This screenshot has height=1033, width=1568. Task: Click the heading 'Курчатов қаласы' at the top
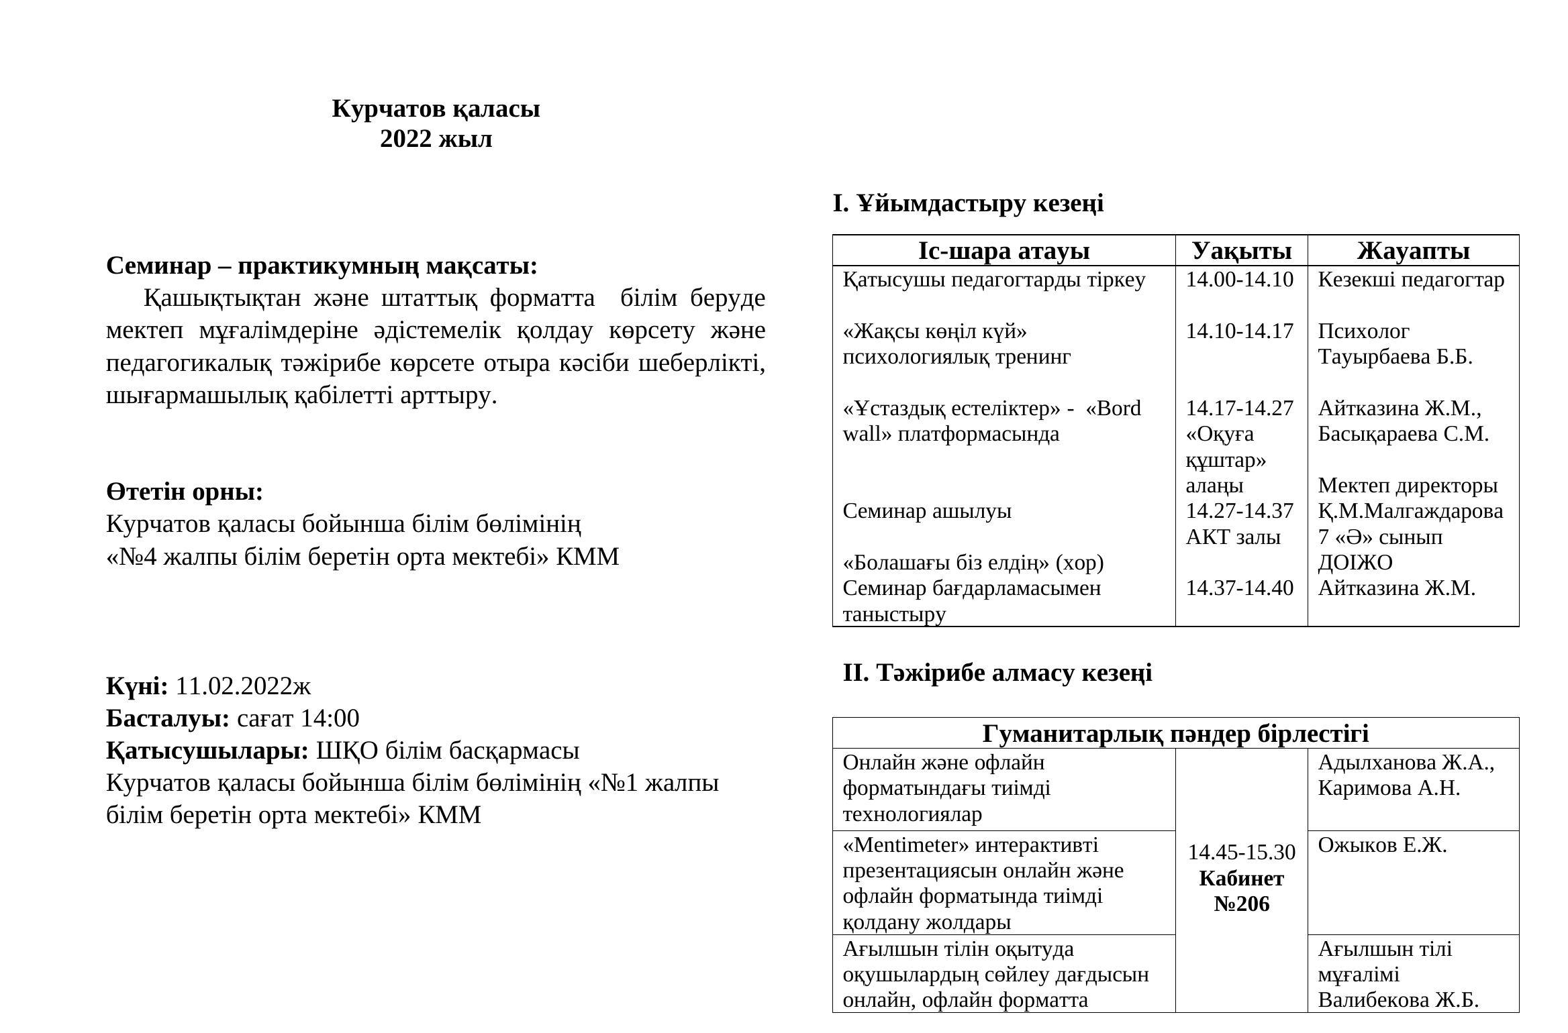pos(436,109)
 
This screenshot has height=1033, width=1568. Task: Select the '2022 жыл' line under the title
pos(436,139)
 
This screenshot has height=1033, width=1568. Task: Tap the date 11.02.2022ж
pos(243,686)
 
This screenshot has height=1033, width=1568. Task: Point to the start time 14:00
pos(330,718)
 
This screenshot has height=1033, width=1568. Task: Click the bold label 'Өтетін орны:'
pos(185,492)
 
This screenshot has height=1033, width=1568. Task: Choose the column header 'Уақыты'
pos(1242,251)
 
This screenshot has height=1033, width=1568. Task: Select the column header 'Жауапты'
pos(1413,251)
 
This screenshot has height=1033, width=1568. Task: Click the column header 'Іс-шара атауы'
pos(1003,251)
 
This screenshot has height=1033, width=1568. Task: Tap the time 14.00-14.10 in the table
pos(1239,280)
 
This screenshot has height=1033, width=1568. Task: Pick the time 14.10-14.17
pos(1239,331)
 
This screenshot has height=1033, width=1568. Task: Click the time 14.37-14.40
pos(1239,588)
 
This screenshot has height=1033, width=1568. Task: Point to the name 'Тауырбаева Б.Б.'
pos(1395,357)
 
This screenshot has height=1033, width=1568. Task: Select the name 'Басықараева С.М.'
pos(1403,434)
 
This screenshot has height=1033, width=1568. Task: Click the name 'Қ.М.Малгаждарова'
pos(1410,511)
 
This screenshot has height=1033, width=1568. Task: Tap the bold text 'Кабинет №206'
pos(1242,891)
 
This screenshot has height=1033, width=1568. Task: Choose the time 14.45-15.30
pos(1242,853)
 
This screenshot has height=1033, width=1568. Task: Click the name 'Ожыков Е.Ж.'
pos(1382,845)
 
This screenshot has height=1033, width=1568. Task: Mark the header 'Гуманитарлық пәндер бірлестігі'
pos(1175,734)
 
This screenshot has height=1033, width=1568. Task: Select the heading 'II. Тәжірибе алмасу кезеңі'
pos(997,673)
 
